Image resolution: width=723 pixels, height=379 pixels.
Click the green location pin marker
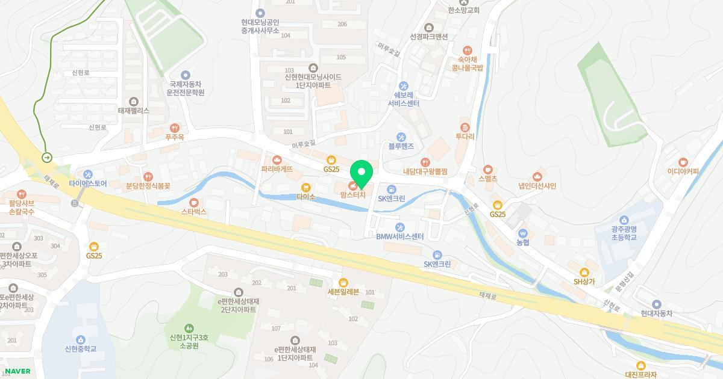pyautogui.click(x=361, y=174)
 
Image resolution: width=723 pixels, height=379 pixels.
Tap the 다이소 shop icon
pyautogui.click(x=305, y=187)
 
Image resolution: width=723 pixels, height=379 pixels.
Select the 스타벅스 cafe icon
pyautogui.click(x=194, y=203)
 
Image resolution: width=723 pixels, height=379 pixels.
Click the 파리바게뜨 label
pyautogui.click(x=277, y=170)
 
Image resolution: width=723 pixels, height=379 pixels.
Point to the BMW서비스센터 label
pyautogui.click(x=400, y=236)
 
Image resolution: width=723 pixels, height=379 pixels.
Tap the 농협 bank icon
pyautogui.click(x=522, y=233)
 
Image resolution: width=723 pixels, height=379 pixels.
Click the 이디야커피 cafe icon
pyautogui.click(x=683, y=162)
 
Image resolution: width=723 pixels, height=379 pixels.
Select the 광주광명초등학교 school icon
pyautogui.click(x=624, y=220)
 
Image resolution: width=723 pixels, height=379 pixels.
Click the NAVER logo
pyautogui.click(x=17, y=371)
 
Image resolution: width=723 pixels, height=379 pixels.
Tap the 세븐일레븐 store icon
pyautogui.click(x=343, y=282)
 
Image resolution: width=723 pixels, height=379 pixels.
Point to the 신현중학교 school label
pyautogui.click(x=81, y=349)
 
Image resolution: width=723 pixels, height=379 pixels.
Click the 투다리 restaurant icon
pyautogui.click(x=465, y=128)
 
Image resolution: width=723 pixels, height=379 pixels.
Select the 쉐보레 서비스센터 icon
pyautogui.click(x=404, y=86)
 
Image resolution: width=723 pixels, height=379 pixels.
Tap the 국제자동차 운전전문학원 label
pyautogui.click(x=186, y=88)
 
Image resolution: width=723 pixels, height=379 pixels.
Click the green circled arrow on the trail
pyautogui.click(x=47, y=158)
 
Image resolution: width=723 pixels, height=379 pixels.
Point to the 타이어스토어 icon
pyautogui.click(x=88, y=174)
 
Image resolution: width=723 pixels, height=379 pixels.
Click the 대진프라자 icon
pyautogui.click(x=640, y=365)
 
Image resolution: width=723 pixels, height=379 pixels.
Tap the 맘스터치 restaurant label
pyautogui.click(x=353, y=195)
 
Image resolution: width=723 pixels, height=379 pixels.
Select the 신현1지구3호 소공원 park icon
pyautogui.click(x=190, y=328)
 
